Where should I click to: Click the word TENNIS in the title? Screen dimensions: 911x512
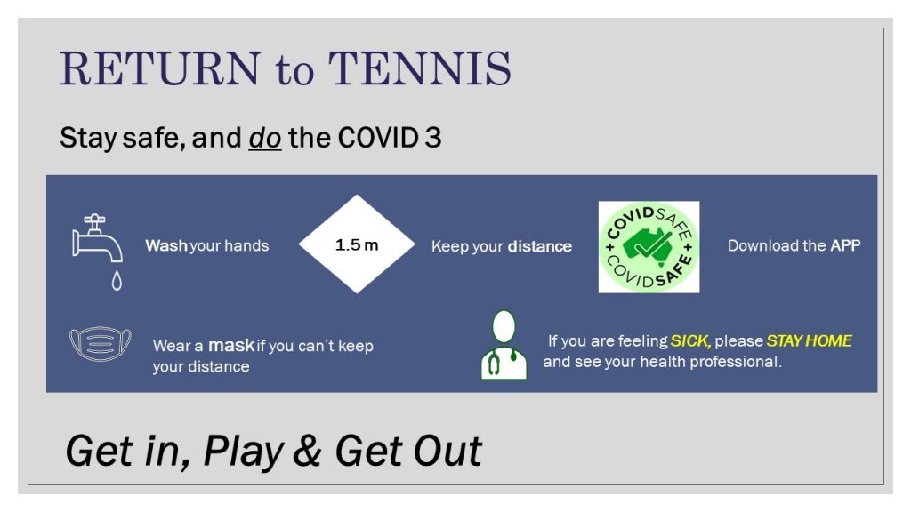(420, 68)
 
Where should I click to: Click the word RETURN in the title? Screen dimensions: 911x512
(160, 68)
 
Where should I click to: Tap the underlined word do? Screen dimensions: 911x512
(265, 138)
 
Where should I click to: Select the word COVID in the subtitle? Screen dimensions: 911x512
(377, 138)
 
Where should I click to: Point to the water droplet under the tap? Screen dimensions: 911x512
(117, 280)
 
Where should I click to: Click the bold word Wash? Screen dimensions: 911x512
(166, 245)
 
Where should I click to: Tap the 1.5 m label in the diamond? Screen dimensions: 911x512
(357, 245)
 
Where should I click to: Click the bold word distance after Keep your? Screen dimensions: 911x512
(540, 246)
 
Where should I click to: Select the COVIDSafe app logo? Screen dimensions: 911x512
(649, 247)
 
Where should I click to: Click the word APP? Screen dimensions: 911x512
(845, 245)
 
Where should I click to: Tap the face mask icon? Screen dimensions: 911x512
(100, 344)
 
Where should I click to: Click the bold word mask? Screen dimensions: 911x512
(231, 346)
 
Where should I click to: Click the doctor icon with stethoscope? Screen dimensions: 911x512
(504, 345)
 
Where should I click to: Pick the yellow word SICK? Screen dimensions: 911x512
(690, 340)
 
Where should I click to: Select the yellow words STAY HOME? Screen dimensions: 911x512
(810, 340)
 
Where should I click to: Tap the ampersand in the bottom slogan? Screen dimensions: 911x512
(307, 450)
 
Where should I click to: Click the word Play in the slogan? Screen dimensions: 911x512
(244, 452)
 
